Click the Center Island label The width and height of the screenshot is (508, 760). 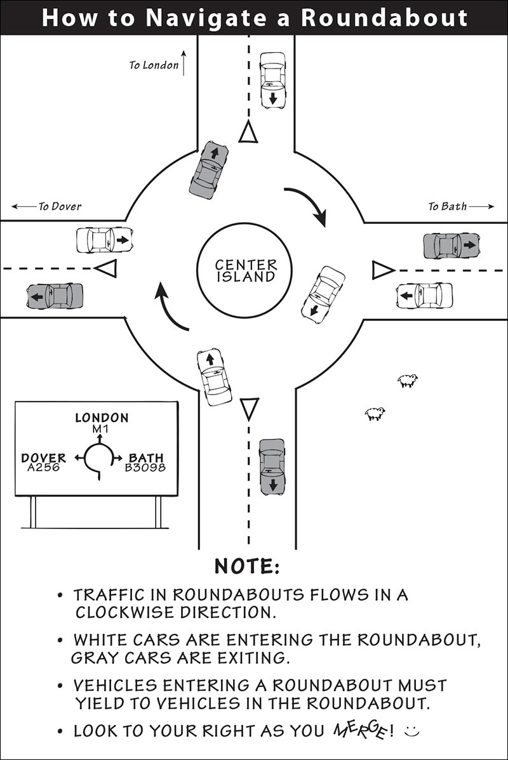pos(246,271)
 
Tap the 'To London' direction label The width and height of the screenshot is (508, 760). pos(154,65)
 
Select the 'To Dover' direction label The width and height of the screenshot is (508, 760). pos(60,206)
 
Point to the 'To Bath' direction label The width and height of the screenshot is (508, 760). pos(447,206)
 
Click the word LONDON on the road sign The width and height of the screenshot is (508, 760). pos(102,418)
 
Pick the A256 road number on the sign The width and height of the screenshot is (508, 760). pos(43,468)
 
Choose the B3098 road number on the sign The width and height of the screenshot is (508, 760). pos(145,468)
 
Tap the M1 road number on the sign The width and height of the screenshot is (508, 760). pos(101,428)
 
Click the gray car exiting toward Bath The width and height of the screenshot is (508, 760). pos(451,246)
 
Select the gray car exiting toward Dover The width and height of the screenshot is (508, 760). pos(55,296)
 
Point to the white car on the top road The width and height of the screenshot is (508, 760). pos(272,81)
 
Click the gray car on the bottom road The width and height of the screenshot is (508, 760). pos(272,468)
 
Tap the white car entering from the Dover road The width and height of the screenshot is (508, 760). pos(105,240)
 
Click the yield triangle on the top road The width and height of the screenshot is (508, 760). pos(248,133)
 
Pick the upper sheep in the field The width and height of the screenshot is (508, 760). pos(407,381)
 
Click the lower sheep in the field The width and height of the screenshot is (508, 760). pos(375,414)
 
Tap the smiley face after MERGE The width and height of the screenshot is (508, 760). pos(412,730)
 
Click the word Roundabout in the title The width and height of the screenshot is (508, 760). pos(384,18)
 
